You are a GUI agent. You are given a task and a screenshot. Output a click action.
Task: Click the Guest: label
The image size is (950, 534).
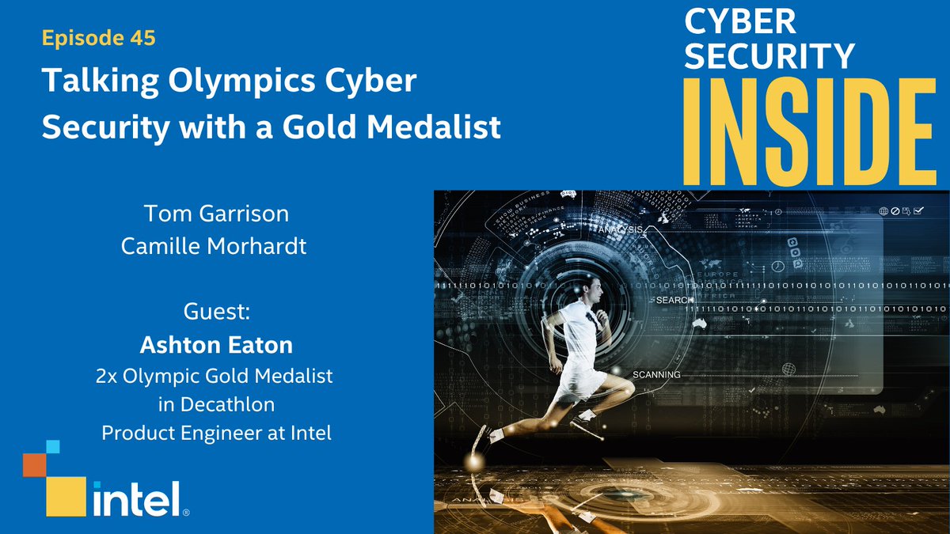pos(217,312)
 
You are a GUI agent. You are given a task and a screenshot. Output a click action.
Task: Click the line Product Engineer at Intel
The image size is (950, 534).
pos(216,434)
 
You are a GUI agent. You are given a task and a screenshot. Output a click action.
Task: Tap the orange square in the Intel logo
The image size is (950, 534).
pos(34,465)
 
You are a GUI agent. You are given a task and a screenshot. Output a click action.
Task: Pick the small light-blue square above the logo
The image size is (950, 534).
pos(52,447)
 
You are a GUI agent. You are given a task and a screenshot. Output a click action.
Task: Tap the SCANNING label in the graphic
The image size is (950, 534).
pos(656,374)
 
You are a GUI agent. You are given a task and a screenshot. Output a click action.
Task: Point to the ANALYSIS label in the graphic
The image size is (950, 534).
pos(621,230)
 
